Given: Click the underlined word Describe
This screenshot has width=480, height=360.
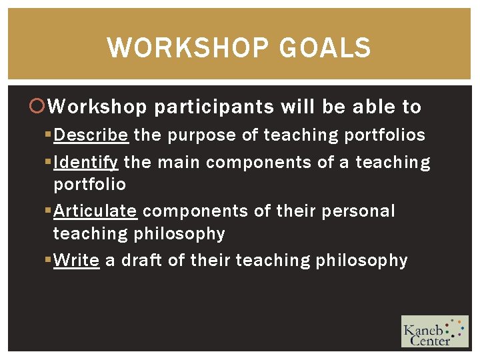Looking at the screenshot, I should (x=91, y=135).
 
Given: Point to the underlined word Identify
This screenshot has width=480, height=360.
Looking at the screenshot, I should (x=86, y=162).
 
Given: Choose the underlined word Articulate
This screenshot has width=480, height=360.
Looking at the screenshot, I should (x=95, y=211).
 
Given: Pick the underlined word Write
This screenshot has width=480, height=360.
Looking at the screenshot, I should (x=77, y=260).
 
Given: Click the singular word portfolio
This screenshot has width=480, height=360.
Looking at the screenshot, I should (x=89, y=184).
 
